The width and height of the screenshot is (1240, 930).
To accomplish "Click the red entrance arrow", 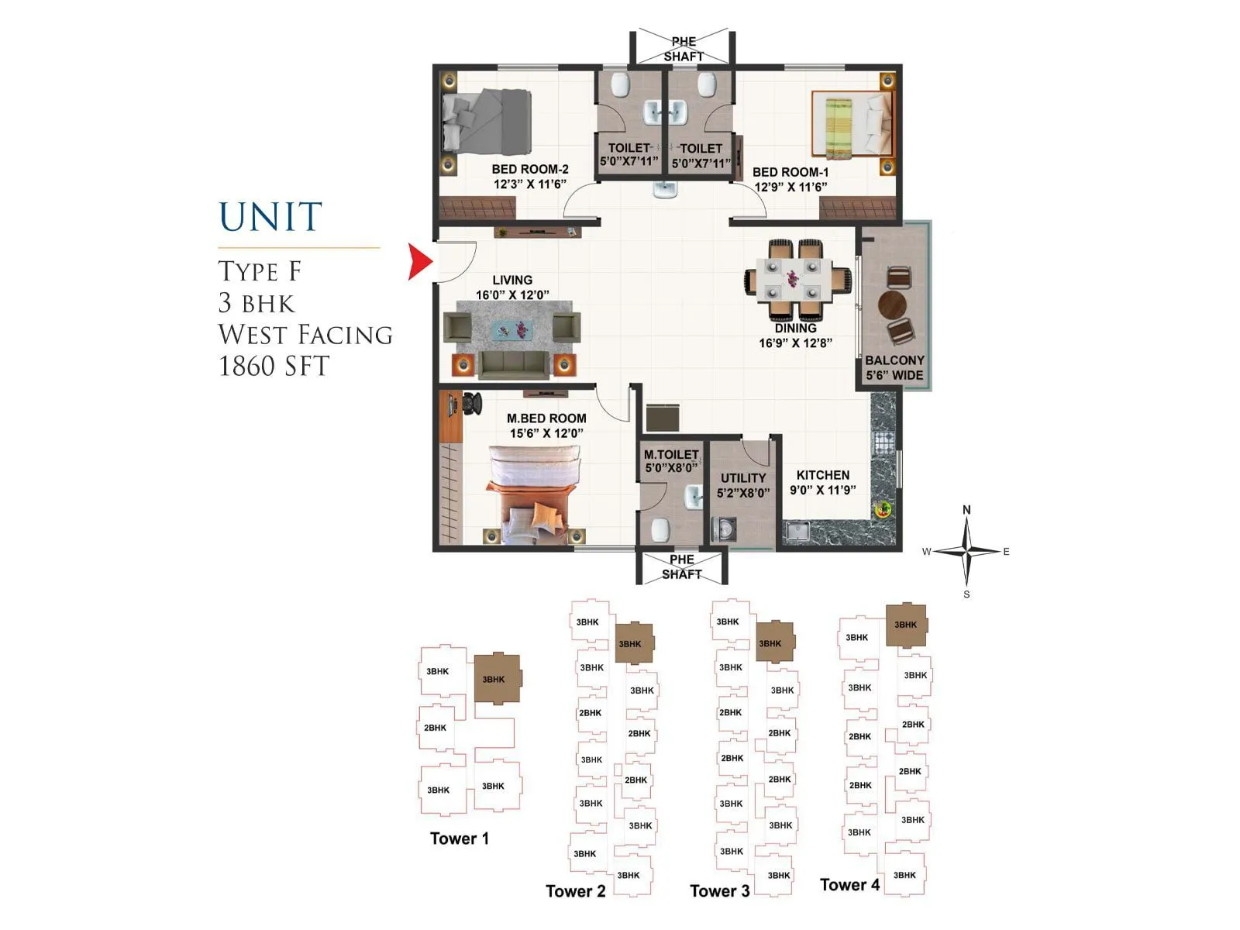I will pyautogui.click(x=419, y=262).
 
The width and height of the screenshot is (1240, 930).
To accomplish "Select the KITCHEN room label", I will pyautogui.click(x=822, y=475).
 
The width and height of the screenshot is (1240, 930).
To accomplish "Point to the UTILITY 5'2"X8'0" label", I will pyautogui.click(x=742, y=485).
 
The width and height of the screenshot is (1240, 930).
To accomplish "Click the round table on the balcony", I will pyautogui.click(x=892, y=305).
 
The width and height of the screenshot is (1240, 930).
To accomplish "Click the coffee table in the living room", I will pyautogui.click(x=511, y=329).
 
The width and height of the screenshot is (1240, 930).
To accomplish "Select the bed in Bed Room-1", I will pyautogui.click(x=851, y=124).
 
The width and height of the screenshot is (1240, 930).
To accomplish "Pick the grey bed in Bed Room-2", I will pyautogui.click(x=487, y=121).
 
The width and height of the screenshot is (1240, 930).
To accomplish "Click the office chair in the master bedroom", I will pyautogui.click(x=472, y=404).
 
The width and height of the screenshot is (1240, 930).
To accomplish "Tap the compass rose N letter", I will pyautogui.click(x=966, y=510).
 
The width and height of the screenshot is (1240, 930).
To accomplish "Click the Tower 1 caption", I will pyautogui.click(x=460, y=839).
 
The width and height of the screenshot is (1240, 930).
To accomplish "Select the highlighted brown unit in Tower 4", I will pyautogui.click(x=906, y=625).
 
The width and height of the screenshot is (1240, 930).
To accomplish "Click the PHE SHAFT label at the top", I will pyautogui.click(x=683, y=49).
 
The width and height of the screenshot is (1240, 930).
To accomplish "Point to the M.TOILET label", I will pyautogui.click(x=671, y=461).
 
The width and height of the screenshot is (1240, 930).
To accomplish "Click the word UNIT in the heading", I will pyautogui.click(x=270, y=217).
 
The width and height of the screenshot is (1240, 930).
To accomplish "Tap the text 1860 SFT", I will pyautogui.click(x=274, y=366).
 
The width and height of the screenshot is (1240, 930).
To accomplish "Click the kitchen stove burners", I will pyautogui.click(x=884, y=442).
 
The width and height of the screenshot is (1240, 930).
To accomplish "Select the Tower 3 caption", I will pyautogui.click(x=720, y=890).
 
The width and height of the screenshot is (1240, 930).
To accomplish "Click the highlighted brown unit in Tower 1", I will pyautogui.click(x=495, y=679).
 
